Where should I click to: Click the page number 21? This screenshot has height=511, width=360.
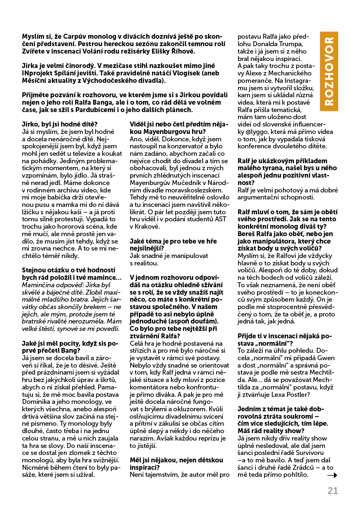333,491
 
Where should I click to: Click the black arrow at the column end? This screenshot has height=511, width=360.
332,475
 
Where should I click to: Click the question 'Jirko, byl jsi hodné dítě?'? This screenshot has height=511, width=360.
59,124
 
